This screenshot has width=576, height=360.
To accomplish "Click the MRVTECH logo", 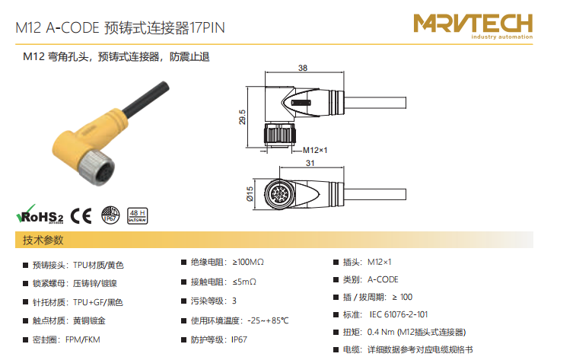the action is (x=473, y=26).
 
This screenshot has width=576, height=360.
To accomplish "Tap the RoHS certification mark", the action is (x=40, y=215).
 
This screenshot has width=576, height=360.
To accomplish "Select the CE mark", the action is (x=81, y=215).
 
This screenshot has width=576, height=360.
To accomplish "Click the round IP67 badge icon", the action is (x=110, y=215).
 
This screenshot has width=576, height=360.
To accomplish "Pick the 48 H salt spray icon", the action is (x=138, y=216).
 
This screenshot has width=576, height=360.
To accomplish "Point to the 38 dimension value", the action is (x=303, y=68).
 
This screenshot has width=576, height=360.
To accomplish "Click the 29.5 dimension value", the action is (x=242, y=117).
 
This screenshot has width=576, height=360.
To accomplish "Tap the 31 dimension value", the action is (x=310, y=163).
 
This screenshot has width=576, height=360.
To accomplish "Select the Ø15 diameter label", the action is (x=250, y=194).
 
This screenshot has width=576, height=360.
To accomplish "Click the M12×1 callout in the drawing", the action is (x=315, y=150).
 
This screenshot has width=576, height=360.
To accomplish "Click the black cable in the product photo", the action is (x=146, y=99).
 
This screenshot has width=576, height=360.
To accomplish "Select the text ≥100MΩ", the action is (x=248, y=263).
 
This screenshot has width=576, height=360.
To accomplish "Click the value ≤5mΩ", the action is (x=244, y=282).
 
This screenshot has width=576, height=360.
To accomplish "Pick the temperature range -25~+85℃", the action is (x=268, y=321).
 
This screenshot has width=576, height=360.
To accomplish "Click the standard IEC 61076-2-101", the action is (x=399, y=315).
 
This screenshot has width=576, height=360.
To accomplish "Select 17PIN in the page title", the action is (x=207, y=28).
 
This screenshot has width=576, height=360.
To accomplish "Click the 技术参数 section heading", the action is (x=43, y=241).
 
